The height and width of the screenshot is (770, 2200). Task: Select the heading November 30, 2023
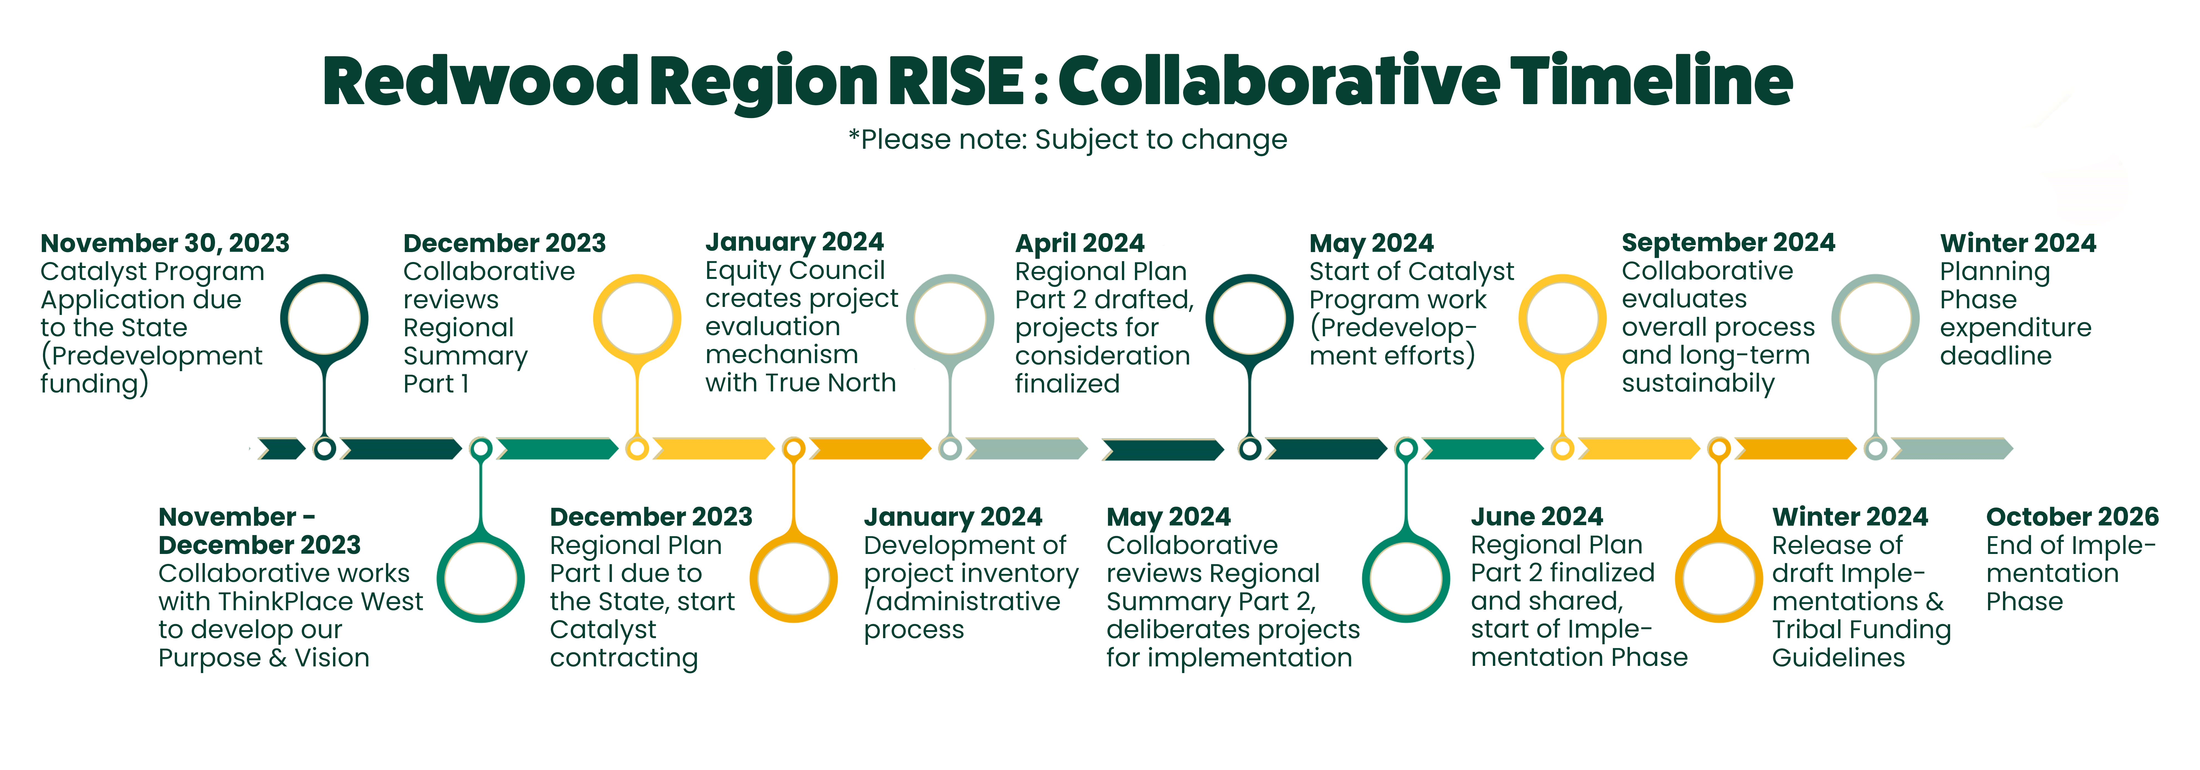click(165, 243)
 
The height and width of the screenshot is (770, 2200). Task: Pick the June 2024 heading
click(1536, 517)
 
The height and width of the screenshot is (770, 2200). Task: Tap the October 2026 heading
click(2072, 517)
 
